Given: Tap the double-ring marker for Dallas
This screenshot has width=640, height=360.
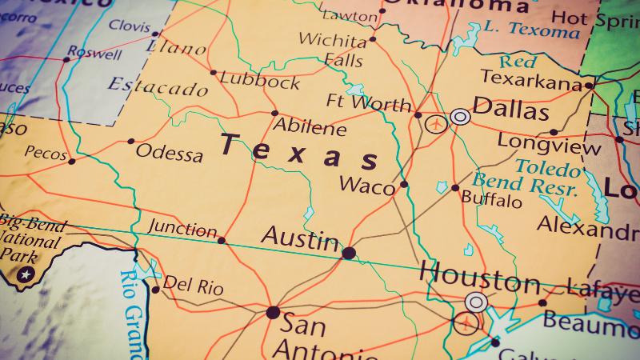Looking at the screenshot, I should pyautogui.click(x=459, y=117).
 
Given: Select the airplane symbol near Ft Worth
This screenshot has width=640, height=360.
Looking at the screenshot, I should pyautogui.click(x=436, y=124).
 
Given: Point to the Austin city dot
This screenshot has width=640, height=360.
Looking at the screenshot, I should pyautogui.click(x=349, y=253).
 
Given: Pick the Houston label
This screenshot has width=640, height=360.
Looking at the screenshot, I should pyautogui.click(x=479, y=279).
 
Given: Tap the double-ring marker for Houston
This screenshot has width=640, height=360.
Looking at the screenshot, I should pyautogui.click(x=476, y=302).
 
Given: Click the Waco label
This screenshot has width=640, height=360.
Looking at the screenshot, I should pyautogui.click(x=367, y=186).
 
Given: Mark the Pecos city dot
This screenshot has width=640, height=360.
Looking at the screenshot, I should pyautogui.click(x=71, y=161).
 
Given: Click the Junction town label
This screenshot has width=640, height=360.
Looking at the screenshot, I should pyautogui.click(x=182, y=230).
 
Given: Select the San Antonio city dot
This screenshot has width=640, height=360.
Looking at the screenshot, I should pyautogui.click(x=274, y=312).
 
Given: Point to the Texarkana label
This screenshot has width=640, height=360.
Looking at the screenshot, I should pyautogui.click(x=530, y=79).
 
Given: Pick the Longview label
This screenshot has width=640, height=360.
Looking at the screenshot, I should pyautogui.click(x=538, y=141).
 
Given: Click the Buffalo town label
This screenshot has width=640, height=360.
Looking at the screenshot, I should pyautogui.click(x=491, y=198).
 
